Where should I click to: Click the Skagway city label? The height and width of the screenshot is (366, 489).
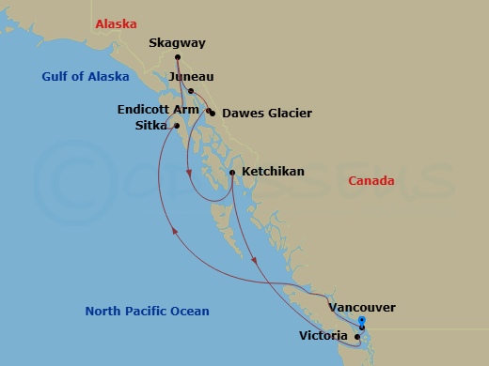(177, 43)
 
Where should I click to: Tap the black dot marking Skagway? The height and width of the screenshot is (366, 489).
(177, 56)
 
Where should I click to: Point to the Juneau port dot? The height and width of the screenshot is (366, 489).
(190, 91)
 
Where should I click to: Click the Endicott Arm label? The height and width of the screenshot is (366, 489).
(158, 110)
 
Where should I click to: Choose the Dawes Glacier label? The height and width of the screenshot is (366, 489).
(267, 114)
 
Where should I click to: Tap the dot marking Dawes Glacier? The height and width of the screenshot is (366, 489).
(213, 114)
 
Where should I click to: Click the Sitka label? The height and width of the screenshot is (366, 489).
(153, 126)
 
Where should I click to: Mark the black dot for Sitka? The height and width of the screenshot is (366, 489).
(177, 125)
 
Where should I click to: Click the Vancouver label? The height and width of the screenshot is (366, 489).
(362, 307)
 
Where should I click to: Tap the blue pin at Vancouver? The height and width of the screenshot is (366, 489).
(362, 323)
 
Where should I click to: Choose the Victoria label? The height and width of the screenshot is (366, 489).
(325, 334)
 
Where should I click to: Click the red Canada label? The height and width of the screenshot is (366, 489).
(371, 180)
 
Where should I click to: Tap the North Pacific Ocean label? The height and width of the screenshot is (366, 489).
(147, 312)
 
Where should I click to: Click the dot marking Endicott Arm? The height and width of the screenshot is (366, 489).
(208, 111)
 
